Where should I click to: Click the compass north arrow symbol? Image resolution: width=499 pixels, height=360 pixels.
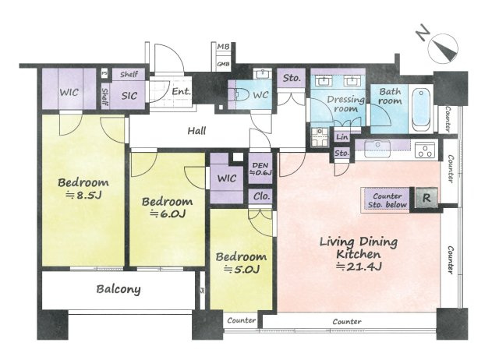(443, 48)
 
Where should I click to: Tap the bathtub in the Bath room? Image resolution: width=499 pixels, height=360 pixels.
(421, 111)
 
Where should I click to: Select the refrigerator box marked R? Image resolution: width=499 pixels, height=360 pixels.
(426, 198)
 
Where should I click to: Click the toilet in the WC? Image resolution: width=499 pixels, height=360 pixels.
(242, 95)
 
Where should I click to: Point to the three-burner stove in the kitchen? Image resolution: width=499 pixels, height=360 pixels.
(425, 150)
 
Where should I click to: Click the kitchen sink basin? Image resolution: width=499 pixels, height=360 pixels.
(377, 149)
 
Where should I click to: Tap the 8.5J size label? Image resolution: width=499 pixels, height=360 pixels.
(83, 195)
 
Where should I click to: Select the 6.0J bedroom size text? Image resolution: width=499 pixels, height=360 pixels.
(168, 214)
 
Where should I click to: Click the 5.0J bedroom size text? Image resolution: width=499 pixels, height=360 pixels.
(242, 270)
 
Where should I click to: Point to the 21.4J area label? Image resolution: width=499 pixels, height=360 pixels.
(359, 266)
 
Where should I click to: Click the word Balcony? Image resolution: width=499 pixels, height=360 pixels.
(119, 289)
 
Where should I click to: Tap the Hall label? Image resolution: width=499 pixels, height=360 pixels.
(196, 131)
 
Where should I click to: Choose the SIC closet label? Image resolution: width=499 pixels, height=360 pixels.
(129, 95)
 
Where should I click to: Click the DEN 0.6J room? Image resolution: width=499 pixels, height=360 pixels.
(260, 169)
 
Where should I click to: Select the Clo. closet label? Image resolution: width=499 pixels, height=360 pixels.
(262, 196)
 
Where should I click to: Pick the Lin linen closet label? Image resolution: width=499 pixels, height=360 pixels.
(342, 137)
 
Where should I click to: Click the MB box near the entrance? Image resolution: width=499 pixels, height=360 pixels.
(224, 47)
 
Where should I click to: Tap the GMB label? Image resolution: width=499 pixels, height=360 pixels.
(223, 64)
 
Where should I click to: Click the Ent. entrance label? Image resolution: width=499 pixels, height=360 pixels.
(181, 92)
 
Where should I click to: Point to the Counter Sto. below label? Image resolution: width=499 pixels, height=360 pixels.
(387, 200)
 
